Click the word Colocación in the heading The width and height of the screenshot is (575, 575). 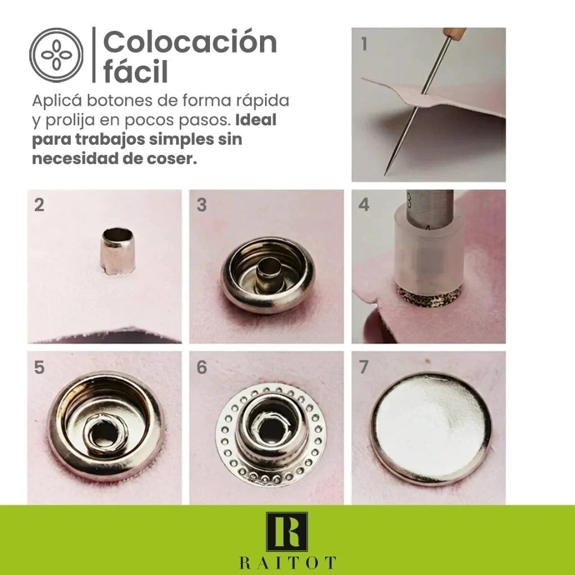tap(190, 42)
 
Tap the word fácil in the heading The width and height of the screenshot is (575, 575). tap(135, 70)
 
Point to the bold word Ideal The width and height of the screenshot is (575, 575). tap(255, 120)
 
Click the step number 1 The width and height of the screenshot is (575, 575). tap(364, 44)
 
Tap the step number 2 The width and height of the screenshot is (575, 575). tap(39, 204)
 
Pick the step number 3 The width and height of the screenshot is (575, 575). tap(202, 204)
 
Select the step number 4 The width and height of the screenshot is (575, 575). tap(364, 204)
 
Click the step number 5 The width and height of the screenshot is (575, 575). tap(39, 367)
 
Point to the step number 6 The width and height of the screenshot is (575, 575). tap(202, 367)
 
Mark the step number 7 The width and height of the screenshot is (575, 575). tap(364, 367)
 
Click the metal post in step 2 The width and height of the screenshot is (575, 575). tap(118, 250)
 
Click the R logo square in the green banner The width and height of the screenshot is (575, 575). tap(287, 532)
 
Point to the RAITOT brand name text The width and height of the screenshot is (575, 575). tap(287, 563)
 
